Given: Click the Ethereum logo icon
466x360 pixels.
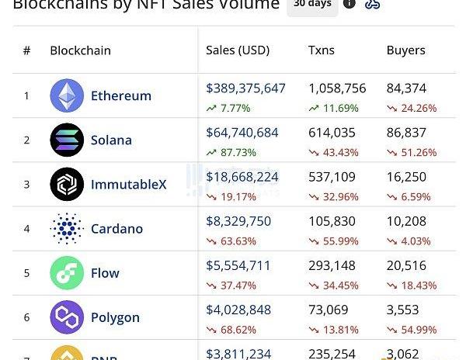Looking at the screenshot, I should click(67, 95).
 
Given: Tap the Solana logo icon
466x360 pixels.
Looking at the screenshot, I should click(67, 140).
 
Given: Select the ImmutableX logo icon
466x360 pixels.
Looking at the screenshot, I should click(67, 184).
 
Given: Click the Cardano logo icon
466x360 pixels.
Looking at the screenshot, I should click(67, 229).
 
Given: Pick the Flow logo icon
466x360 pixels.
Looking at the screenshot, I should click(67, 273).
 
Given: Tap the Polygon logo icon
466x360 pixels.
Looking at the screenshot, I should click(67, 317).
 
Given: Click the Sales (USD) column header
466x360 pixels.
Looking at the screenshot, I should click(238, 50).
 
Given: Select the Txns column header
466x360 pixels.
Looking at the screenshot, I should click(322, 50).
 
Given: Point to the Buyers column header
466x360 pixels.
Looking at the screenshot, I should click(405, 50).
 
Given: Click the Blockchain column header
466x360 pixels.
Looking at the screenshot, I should click(80, 50).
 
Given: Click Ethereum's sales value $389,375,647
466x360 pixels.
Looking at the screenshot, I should click(245, 88).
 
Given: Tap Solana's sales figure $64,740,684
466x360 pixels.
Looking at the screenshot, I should click(242, 133).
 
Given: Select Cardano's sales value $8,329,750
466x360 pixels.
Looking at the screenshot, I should click(238, 221).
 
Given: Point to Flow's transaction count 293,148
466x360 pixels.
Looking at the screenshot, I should click(332, 265).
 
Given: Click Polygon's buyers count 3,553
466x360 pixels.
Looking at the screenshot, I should click(403, 310).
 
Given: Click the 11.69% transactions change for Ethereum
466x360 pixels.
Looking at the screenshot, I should click(339, 109).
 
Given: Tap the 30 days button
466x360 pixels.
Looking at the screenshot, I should click(312, 5).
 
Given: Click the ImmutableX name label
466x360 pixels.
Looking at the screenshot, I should click(128, 185).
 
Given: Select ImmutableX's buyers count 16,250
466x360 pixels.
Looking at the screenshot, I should click(406, 177).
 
